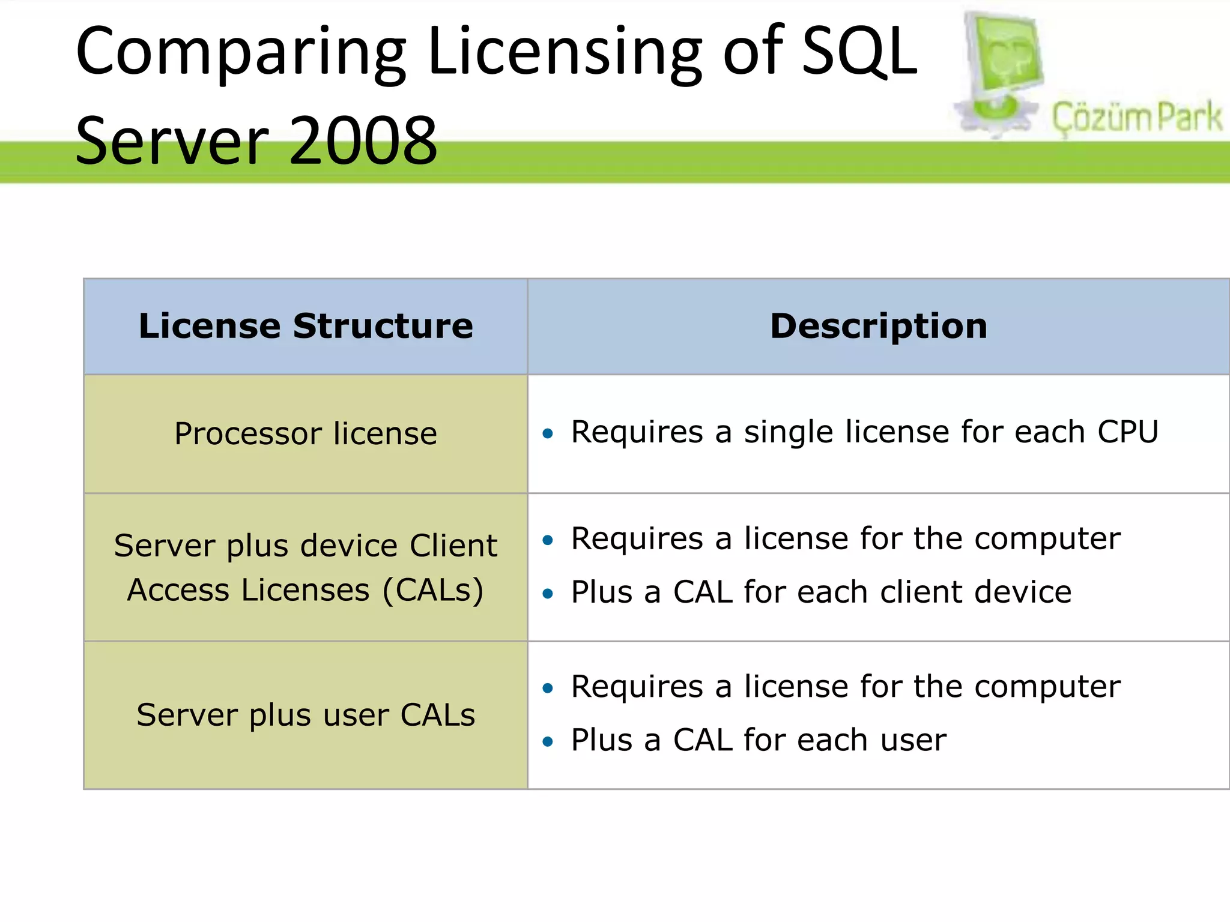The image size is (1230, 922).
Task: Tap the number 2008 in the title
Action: [363, 142]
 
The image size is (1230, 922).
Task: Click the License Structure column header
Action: [306, 327]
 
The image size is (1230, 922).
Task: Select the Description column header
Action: [879, 327]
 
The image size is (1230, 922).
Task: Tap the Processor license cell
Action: [306, 433]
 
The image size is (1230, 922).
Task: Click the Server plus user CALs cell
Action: [306, 715]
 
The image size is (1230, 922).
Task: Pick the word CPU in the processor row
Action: [1128, 432]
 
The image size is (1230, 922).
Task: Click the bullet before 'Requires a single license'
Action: [547, 433]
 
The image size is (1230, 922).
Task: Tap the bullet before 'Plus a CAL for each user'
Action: [547, 742]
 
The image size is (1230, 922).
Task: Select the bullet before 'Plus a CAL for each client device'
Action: [547, 594]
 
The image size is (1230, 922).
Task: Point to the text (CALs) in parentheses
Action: [433, 591]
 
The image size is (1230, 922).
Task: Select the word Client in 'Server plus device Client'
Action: [453, 546]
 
